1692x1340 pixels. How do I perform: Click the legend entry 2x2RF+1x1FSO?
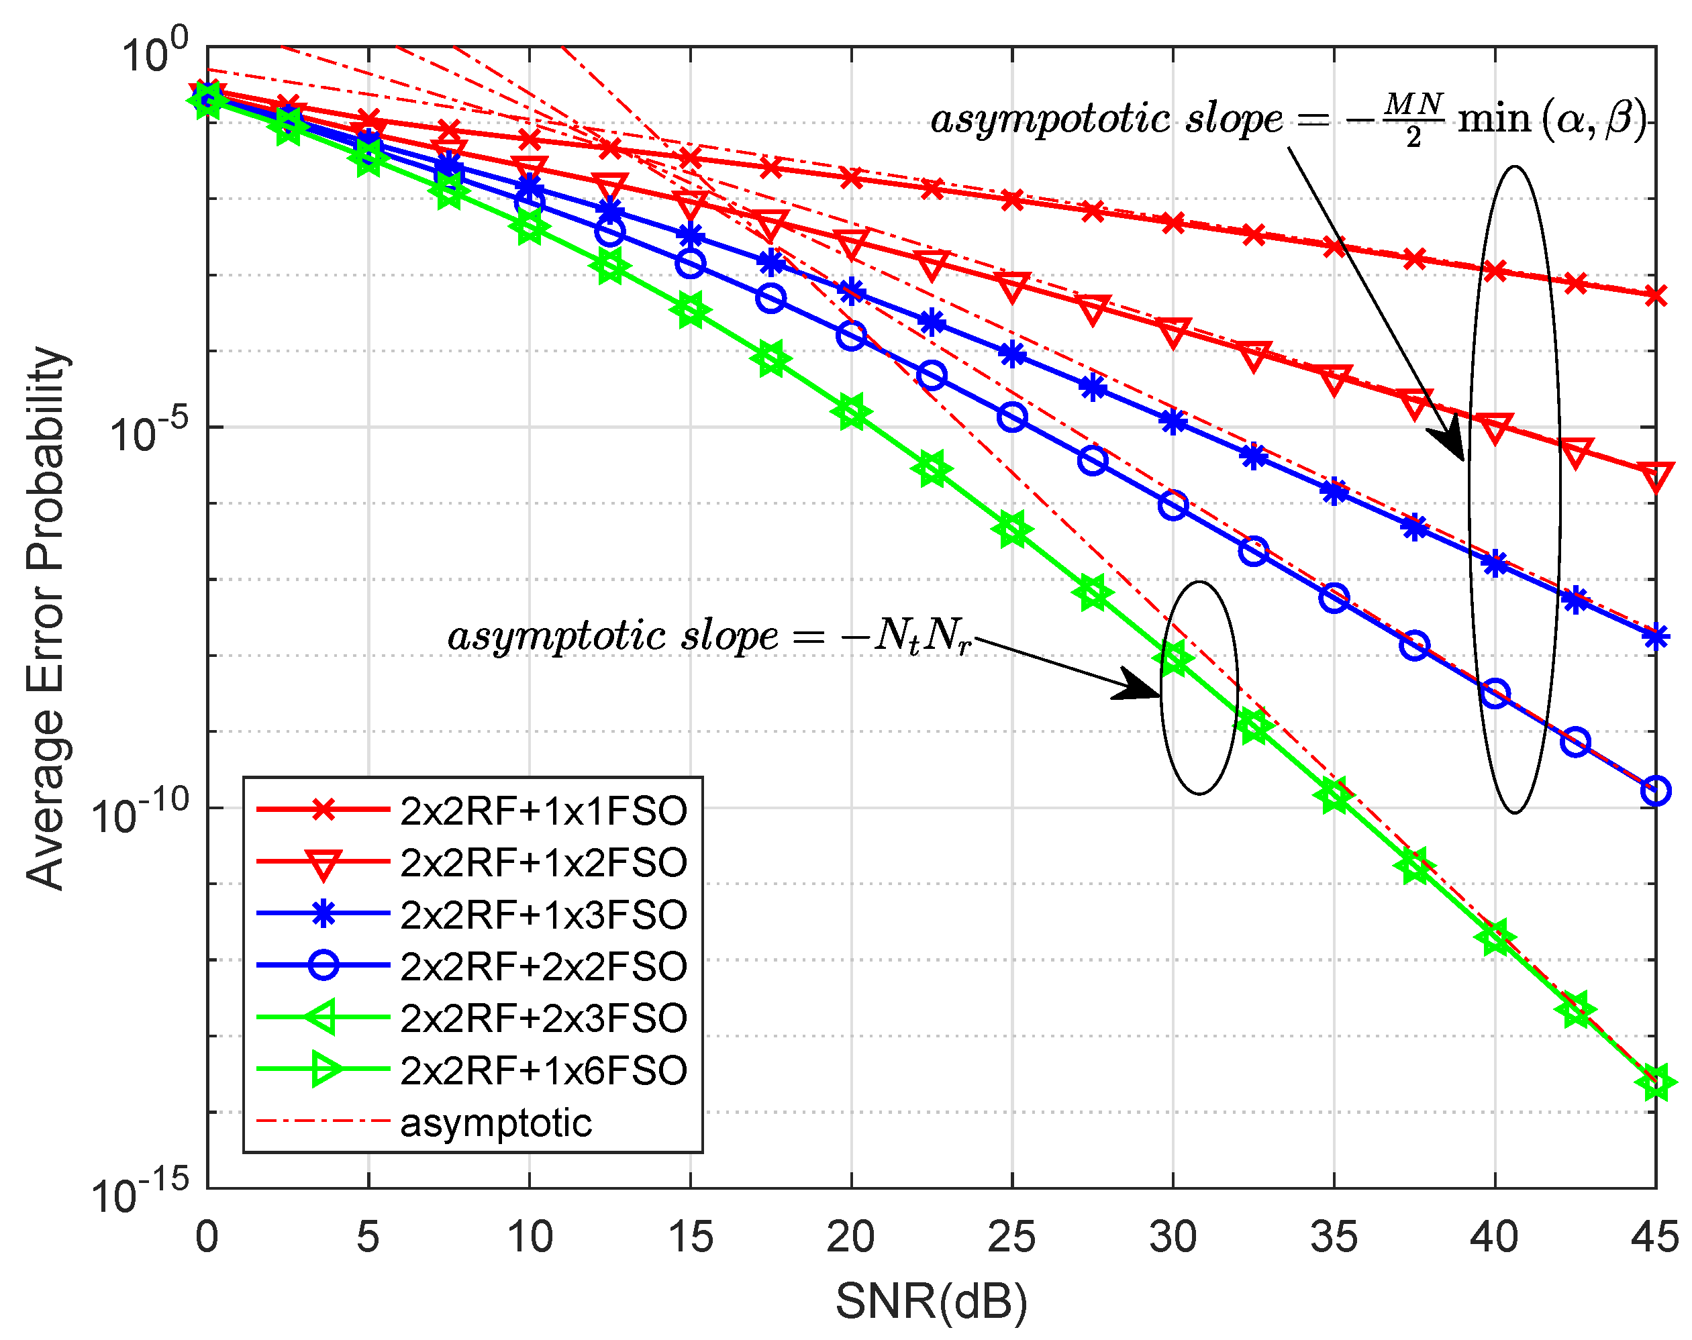coord(543,811)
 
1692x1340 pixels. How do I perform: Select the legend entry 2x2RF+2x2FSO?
coord(543,966)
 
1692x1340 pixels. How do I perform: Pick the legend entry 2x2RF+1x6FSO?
coord(543,1070)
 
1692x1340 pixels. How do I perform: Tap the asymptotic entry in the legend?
coord(496,1123)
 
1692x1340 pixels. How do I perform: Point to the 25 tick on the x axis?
coord(1011,1238)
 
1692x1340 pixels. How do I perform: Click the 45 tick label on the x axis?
coord(1655,1238)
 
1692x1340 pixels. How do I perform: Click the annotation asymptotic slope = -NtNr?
coord(709,635)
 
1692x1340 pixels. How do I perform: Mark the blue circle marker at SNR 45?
coord(1655,791)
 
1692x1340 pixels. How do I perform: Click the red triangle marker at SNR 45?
coord(1655,476)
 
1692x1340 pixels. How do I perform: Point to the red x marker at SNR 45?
coord(1655,296)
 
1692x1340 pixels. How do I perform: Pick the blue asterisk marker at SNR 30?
coord(1173,422)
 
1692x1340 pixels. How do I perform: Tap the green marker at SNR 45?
coord(1655,1083)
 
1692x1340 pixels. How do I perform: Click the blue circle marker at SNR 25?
coord(1011,417)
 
